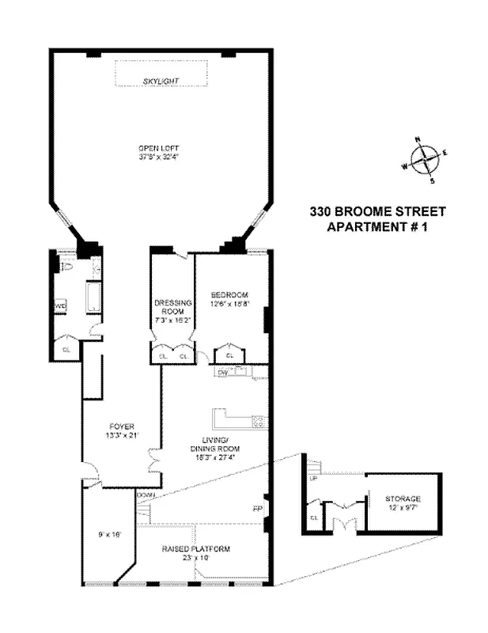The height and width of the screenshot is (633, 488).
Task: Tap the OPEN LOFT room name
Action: pyautogui.click(x=159, y=147)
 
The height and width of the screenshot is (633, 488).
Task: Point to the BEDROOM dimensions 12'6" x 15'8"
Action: pyautogui.click(x=230, y=303)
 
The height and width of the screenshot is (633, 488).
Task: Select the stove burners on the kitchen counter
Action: pyautogui.click(x=257, y=421)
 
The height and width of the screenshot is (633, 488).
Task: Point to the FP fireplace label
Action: pyautogui.click(x=256, y=508)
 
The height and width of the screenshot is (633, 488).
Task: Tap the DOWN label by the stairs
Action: pyautogui.click(x=146, y=496)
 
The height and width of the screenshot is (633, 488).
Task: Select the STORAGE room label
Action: pyautogui.click(x=403, y=499)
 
